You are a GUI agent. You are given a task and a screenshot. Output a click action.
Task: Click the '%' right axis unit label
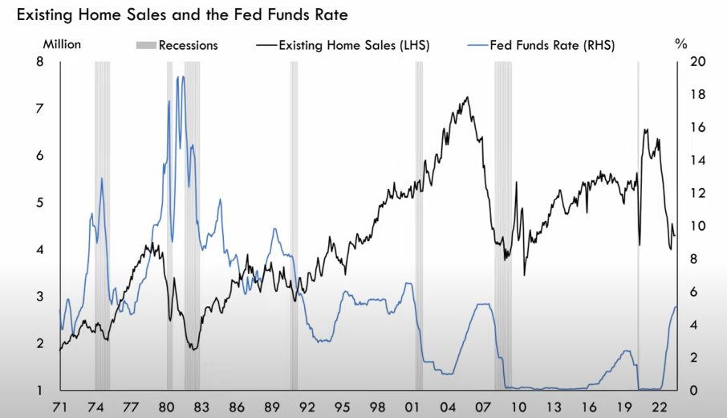tap(681, 45)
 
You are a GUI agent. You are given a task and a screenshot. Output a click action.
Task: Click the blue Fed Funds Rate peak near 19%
tap(181, 77)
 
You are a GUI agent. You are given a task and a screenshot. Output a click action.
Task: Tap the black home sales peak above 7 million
tap(468, 98)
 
